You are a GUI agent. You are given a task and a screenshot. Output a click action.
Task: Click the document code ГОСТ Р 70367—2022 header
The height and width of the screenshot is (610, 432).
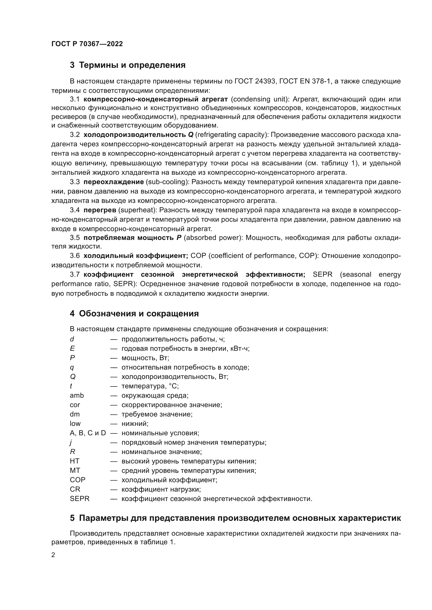coord(87,44)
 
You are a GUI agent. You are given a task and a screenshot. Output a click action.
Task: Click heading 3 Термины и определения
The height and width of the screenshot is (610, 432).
coord(127,65)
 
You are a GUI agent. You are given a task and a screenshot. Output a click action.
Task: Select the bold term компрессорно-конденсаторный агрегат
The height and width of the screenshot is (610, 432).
coord(156,99)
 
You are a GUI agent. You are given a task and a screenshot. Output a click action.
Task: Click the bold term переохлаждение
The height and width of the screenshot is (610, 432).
coord(114,182)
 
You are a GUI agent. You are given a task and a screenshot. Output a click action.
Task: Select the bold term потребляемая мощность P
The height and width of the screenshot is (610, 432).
coord(132,238)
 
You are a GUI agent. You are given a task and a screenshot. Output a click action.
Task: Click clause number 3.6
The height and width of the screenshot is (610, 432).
coord(75,256)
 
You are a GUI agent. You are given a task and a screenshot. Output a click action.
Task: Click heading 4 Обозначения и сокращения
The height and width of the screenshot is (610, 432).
coord(134,313)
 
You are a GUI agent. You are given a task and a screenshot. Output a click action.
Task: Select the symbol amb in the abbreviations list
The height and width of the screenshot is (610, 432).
coord(77,395)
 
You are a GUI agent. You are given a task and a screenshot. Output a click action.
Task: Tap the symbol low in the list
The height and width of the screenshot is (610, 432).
coord(75,424)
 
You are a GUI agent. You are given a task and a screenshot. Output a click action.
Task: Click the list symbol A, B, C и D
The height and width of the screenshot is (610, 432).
coord(88,433)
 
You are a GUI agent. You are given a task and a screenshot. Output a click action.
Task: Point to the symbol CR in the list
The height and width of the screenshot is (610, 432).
coord(75,489)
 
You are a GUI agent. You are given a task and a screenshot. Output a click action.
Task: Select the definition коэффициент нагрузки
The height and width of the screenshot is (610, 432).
coord(161,489)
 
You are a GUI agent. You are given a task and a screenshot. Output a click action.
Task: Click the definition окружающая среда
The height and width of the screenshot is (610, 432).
coord(155,395)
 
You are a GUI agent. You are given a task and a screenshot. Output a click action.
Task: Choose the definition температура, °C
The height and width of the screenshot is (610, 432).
coord(150,386)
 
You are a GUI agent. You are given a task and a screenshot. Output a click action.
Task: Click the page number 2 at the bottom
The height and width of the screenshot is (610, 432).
coord(53,555)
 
